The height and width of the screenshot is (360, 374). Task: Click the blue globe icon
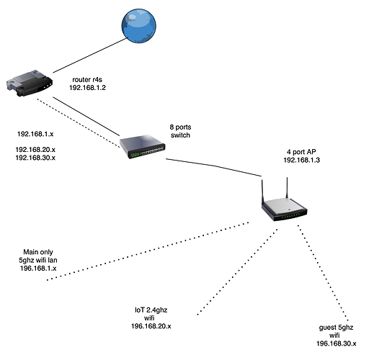pyautogui.click(x=139, y=26)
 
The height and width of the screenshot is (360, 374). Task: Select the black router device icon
pyautogui.click(x=30, y=84)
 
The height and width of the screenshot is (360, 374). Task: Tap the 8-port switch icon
pyautogui.click(x=143, y=146)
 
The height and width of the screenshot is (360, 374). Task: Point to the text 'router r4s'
pyautogui.click(x=87, y=79)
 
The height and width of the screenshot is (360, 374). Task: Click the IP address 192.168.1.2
pyautogui.click(x=87, y=88)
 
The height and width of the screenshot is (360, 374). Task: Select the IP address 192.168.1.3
pyautogui.click(x=302, y=160)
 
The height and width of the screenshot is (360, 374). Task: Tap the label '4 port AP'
pyautogui.click(x=301, y=152)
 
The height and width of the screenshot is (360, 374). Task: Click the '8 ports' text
pyautogui.click(x=180, y=127)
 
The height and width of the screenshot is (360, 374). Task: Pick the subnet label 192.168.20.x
pyautogui.click(x=35, y=150)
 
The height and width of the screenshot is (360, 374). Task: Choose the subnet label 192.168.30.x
pyautogui.click(x=35, y=158)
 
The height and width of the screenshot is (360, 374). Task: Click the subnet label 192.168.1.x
pyautogui.click(x=35, y=134)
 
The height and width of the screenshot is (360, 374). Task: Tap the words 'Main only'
pyautogui.click(x=38, y=252)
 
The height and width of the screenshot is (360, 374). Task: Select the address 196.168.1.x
pyautogui.click(x=38, y=268)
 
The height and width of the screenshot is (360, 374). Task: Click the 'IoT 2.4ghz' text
pyautogui.click(x=151, y=310)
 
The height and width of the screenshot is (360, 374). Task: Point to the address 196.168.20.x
pyautogui.click(x=151, y=326)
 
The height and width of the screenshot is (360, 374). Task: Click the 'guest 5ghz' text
pyautogui.click(x=336, y=328)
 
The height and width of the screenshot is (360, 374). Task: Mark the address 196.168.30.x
pyautogui.click(x=337, y=343)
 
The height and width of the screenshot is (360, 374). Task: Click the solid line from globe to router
pyautogui.click(x=90, y=55)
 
